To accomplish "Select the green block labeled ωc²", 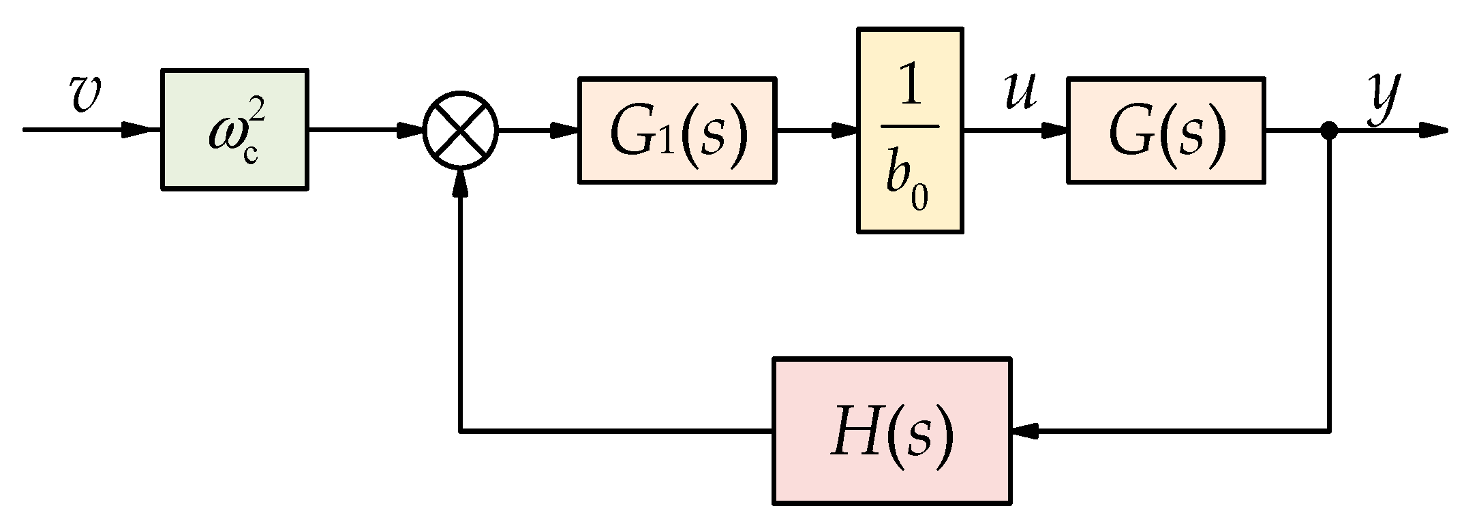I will click(234, 129).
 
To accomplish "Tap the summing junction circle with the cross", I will click(461, 129).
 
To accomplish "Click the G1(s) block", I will click(677, 130).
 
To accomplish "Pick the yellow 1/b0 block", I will click(910, 130).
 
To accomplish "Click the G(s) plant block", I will click(1166, 130).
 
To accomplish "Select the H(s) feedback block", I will click(891, 431).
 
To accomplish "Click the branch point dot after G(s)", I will click(1328, 129).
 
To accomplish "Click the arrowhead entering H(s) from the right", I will click(1026, 431).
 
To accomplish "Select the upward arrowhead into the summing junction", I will click(461, 181).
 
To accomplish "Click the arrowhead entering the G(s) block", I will click(1052, 129).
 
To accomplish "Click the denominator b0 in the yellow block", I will click(907, 179).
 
